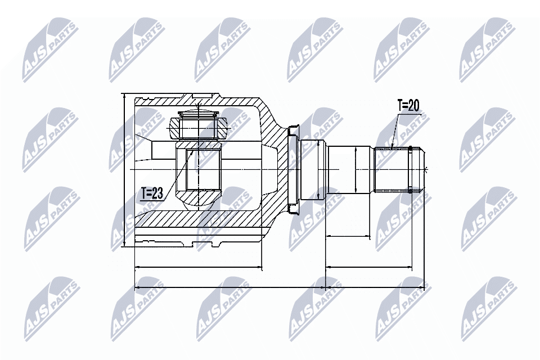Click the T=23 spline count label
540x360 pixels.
pyautogui.click(x=152, y=194)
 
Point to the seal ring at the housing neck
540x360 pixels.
pyautogui.click(x=292, y=169)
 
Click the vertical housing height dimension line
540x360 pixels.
pyautogui.click(x=123, y=169)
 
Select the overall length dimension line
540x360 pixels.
pyautogui.click(x=281, y=287)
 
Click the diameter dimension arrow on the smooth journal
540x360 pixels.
pyautogui.click(x=357, y=169)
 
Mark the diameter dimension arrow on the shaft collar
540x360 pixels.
pyautogui.click(x=318, y=169)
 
